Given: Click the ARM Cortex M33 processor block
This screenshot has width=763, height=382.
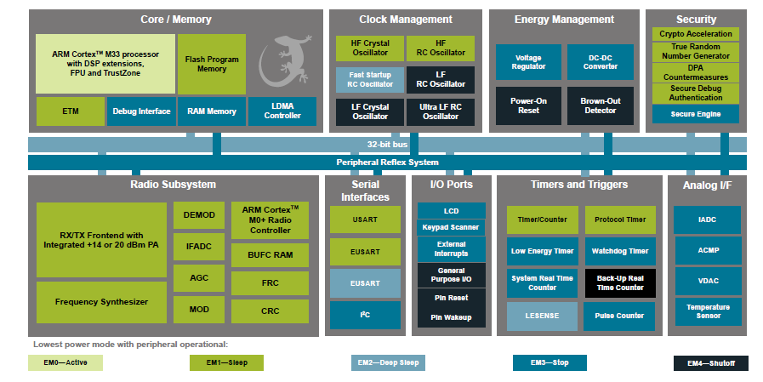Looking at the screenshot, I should (x=105, y=64).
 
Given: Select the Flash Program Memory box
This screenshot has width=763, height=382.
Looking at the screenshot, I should (x=211, y=64).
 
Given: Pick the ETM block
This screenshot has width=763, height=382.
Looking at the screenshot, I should (x=70, y=111).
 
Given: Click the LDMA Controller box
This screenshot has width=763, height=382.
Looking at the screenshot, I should (x=282, y=111).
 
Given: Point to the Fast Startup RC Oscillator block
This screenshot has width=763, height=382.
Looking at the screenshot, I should (x=369, y=79).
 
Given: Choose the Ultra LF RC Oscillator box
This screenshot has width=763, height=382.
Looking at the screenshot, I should (x=440, y=111).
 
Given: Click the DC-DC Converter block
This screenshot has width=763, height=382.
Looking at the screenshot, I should (x=600, y=62).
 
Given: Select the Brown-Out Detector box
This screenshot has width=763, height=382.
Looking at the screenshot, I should (x=600, y=105).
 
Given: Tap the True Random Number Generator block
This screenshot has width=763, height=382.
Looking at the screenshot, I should (x=695, y=51).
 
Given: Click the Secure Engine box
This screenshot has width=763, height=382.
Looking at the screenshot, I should (x=695, y=114).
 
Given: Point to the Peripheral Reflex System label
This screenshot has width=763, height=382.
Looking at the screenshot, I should (x=387, y=162).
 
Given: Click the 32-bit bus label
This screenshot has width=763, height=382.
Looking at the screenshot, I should (x=387, y=145).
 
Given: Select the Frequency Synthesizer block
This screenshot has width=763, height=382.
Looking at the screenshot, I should (x=101, y=302).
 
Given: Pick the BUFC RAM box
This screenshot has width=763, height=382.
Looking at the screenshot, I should (x=270, y=254).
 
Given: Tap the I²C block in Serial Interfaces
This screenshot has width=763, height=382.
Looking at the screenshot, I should (x=366, y=315).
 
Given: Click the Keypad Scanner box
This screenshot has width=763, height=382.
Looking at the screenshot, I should (x=451, y=227).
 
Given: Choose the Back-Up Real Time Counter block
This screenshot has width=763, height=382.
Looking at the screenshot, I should (x=619, y=282).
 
